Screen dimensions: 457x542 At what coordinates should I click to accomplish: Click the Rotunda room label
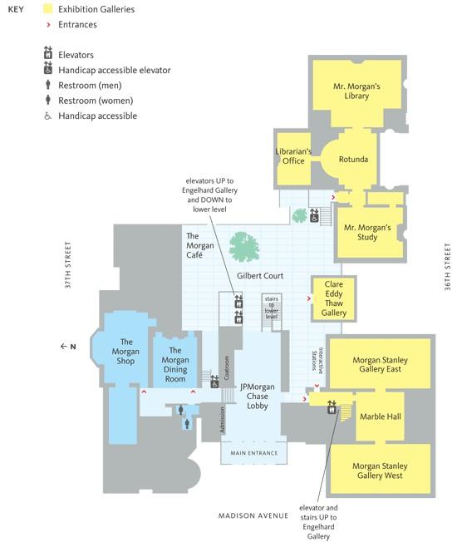coord(353,160)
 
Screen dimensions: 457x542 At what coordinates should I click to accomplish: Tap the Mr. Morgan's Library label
coord(356,91)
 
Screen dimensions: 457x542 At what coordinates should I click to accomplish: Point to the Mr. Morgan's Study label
coord(367,232)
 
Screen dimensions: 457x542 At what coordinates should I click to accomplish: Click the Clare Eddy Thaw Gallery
coord(334,298)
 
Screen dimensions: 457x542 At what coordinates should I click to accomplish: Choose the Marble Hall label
coord(381,416)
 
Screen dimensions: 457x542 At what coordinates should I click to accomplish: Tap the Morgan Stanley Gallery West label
coord(380,471)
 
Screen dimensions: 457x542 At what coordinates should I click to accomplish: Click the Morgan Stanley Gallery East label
coord(380,365)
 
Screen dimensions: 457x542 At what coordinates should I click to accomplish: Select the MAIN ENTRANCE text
coord(254,453)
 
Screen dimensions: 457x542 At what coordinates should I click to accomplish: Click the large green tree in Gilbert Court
coord(244,247)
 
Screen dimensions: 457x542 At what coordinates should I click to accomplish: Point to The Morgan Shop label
coord(125,352)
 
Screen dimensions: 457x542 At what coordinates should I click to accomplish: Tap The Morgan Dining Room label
coord(175,365)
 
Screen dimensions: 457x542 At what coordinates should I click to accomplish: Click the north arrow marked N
coord(68,347)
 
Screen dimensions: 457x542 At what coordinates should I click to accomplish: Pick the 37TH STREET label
coord(67,265)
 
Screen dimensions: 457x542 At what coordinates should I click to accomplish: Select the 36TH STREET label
coord(447,267)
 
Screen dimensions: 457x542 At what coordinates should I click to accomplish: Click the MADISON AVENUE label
coord(253,515)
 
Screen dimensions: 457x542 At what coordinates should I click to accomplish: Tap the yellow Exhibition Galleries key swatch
coord(47,9)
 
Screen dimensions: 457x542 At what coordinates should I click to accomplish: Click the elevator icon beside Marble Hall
coord(332,407)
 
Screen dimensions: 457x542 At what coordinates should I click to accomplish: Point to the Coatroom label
coord(227,367)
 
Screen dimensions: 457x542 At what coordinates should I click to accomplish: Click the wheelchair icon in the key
coord(47,116)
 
